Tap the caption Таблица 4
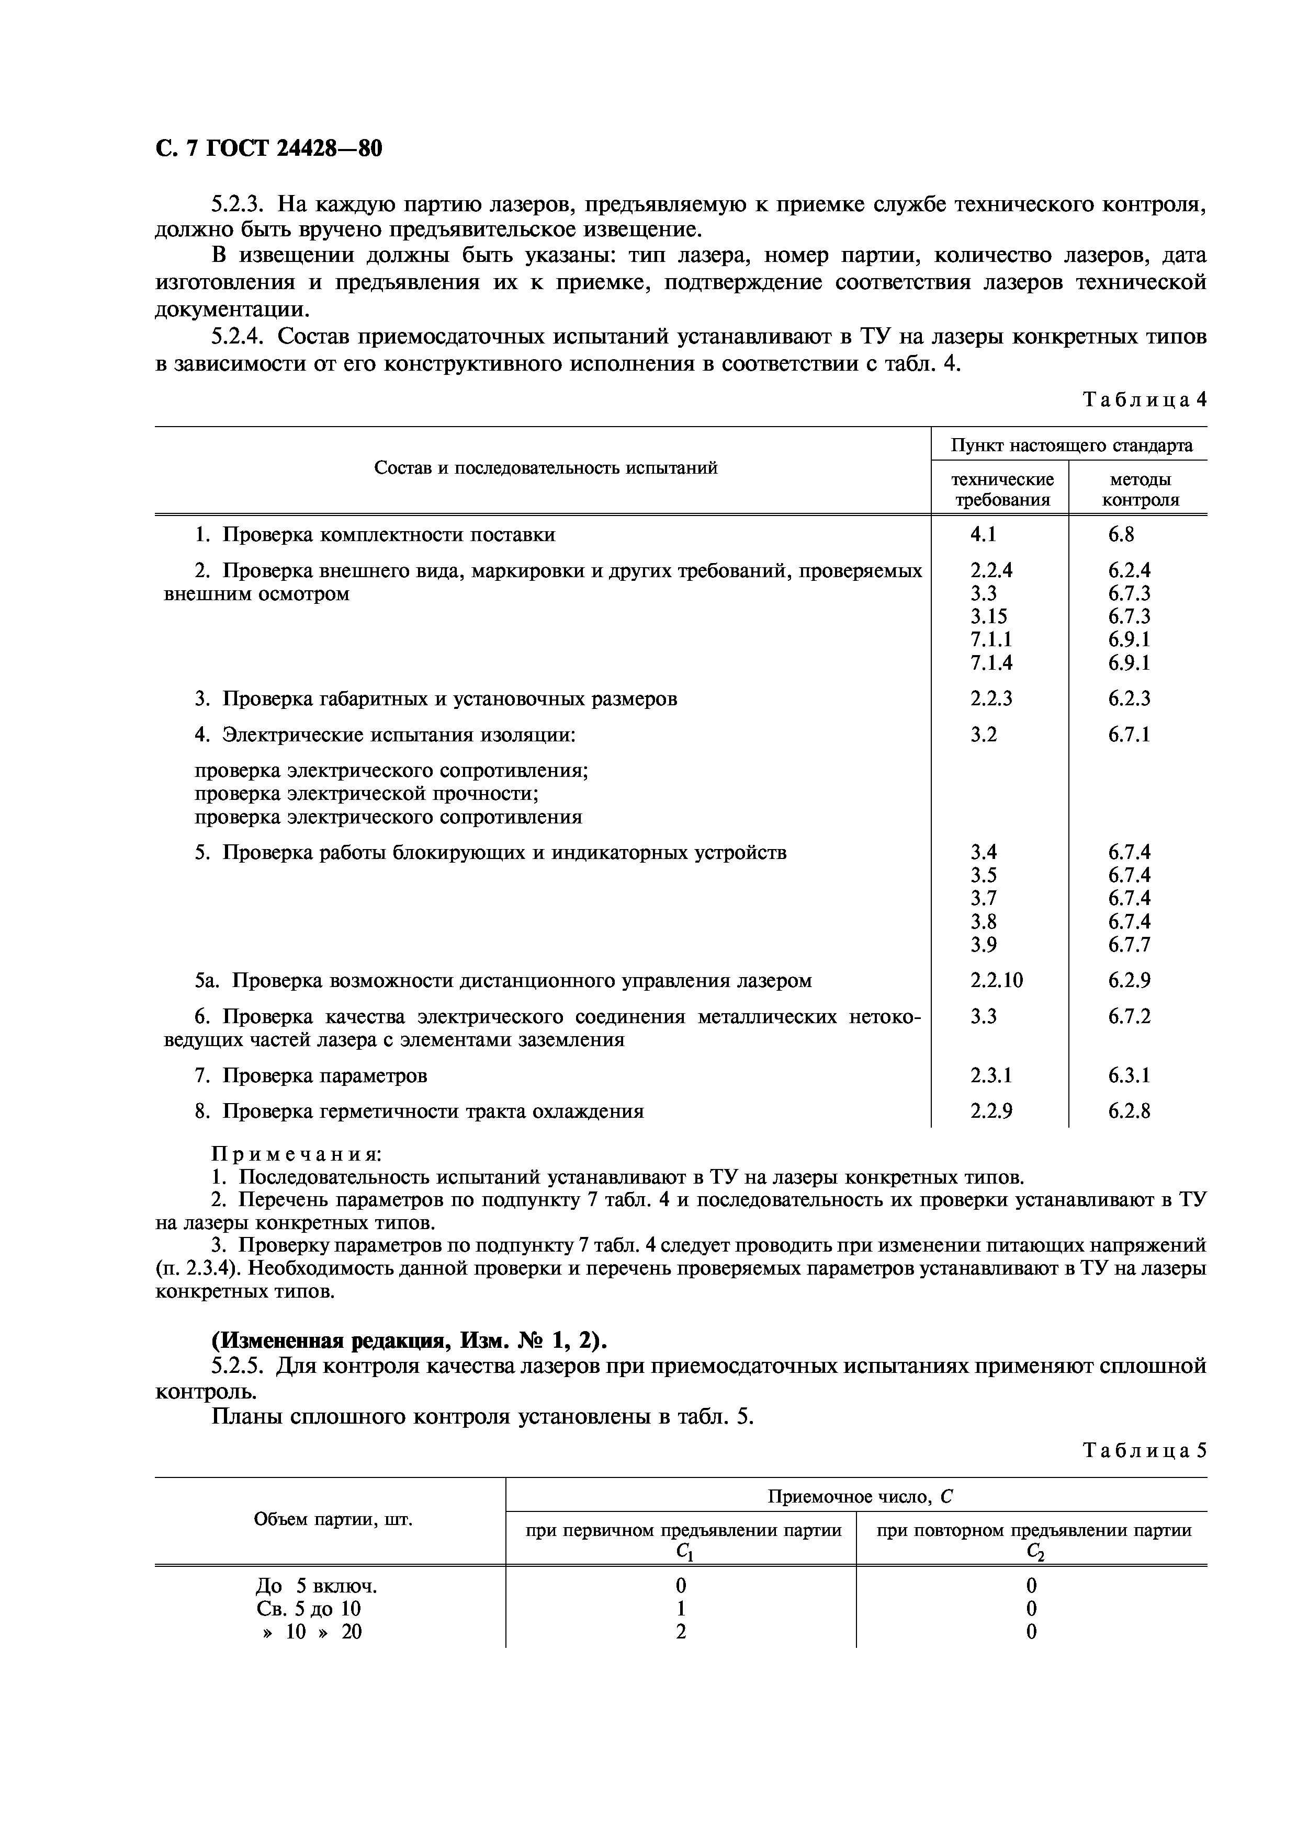click(x=1144, y=400)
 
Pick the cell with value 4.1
click(x=983, y=534)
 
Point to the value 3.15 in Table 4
click(x=988, y=616)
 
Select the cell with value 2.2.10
click(x=996, y=980)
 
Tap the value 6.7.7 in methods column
click(x=1129, y=944)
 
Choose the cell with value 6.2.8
click(x=1129, y=1111)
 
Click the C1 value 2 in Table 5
click(x=681, y=1631)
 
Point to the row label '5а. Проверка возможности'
click(x=503, y=980)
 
